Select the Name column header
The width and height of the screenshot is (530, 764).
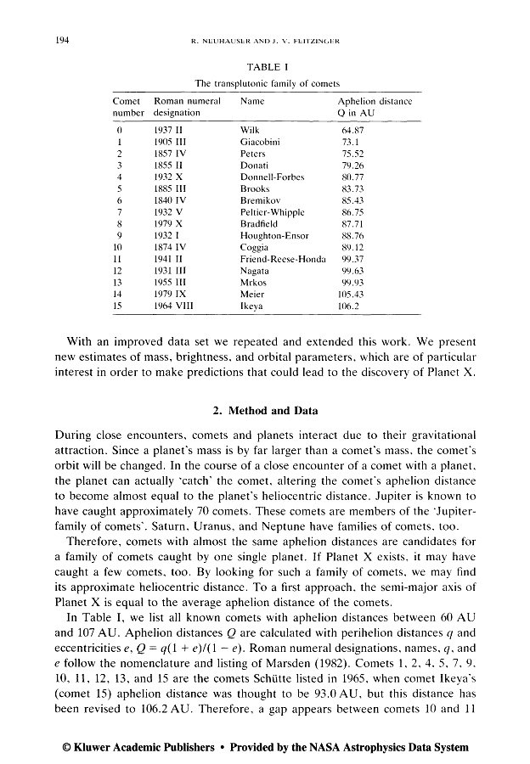pos(253,100)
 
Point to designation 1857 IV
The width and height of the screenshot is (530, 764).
pos(172,154)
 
